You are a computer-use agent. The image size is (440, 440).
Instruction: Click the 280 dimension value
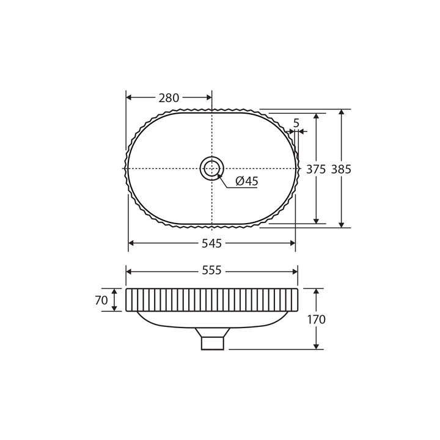click(169, 98)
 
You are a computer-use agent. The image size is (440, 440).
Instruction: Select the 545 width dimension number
click(211, 243)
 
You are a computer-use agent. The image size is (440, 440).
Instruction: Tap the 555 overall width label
click(211, 271)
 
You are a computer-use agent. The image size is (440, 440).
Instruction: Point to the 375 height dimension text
click(316, 169)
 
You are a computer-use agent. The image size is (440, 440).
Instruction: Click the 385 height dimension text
click(341, 169)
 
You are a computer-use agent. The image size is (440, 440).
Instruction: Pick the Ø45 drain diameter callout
click(247, 181)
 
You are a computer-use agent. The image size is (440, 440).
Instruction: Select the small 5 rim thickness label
click(296, 123)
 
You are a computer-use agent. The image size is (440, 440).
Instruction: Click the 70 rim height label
click(101, 300)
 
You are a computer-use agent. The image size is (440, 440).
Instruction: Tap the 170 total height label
click(316, 319)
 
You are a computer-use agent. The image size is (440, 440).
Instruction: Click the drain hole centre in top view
click(212, 168)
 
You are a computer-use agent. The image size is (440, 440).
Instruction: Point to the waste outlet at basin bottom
click(213, 343)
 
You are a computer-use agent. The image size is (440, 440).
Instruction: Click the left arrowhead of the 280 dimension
click(129, 97)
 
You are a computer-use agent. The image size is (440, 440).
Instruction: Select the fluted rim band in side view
click(211, 300)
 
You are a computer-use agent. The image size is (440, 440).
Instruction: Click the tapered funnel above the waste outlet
click(213, 332)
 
